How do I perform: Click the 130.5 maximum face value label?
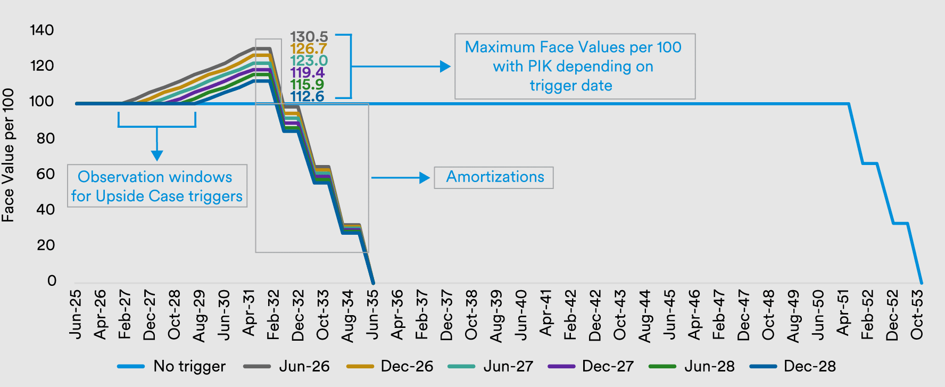click(x=309, y=37)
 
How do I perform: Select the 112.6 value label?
click(x=307, y=96)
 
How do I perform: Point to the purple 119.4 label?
click(x=307, y=72)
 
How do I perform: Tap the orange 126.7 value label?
click(x=308, y=49)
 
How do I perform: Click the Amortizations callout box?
click(x=494, y=177)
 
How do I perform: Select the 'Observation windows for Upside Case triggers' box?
click(x=157, y=186)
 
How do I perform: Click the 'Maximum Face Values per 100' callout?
click(x=575, y=66)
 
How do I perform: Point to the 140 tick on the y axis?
click(x=42, y=30)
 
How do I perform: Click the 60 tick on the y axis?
click(x=46, y=174)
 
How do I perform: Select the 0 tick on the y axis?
click(x=52, y=281)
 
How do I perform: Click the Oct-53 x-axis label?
click(x=916, y=315)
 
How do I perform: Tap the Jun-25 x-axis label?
click(x=76, y=315)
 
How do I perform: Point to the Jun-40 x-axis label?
click(x=521, y=315)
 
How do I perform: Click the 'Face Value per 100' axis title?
click(x=8, y=155)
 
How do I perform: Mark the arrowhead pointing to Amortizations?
click(x=425, y=178)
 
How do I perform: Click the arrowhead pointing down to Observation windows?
click(x=157, y=155)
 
